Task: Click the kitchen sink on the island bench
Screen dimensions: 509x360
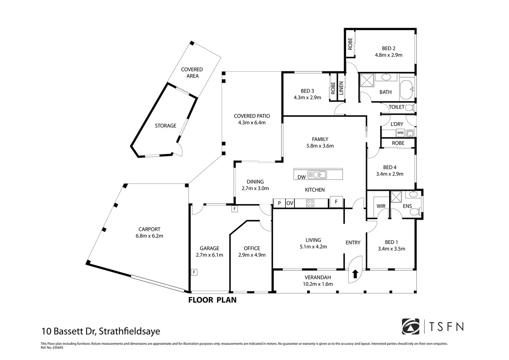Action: [x=317, y=175]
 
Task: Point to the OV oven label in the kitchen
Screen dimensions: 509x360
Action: [x=290, y=203]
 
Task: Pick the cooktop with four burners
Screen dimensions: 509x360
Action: [x=310, y=203]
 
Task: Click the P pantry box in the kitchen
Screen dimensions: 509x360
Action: [x=279, y=203]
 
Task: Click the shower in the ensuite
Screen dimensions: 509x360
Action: [x=396, y=197]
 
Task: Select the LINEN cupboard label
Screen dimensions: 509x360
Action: [x=341, y=88]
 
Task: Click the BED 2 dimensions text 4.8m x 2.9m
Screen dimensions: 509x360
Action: [x=389, y=55]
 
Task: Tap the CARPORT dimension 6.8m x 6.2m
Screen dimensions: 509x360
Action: [x=149, y=236]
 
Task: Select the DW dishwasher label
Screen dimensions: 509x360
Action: [x=302, y=177]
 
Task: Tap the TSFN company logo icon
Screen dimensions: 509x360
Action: [x=411, y=327]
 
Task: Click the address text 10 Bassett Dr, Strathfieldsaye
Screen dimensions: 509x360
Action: [x=101, y=331]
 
